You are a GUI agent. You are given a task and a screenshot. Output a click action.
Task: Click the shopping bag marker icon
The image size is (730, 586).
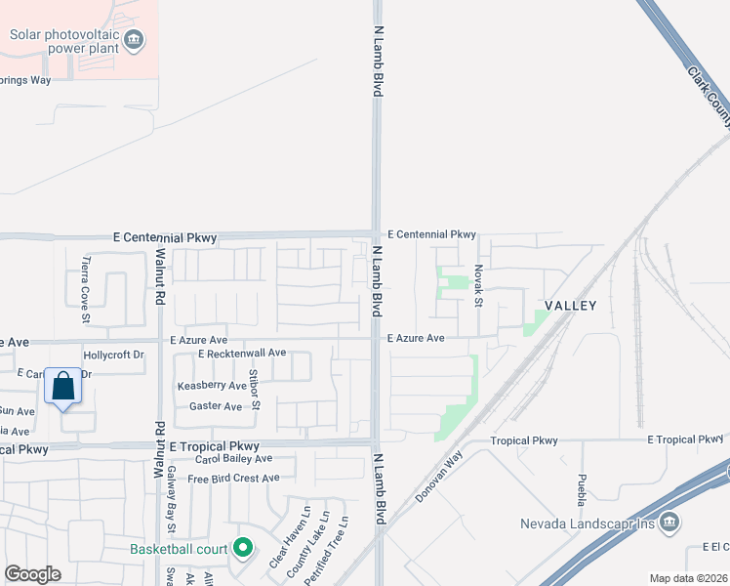(62, 388)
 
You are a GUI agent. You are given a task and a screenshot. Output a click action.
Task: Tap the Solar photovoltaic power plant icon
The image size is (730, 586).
(135, 40)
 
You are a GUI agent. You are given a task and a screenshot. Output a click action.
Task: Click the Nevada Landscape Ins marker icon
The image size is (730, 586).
(669, 522)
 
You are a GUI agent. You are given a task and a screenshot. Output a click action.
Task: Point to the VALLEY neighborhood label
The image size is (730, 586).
(570, 306)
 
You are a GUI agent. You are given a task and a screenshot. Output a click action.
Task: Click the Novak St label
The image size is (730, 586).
(478, 285)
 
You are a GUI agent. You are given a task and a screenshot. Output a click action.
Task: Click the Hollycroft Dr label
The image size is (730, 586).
(114, 356)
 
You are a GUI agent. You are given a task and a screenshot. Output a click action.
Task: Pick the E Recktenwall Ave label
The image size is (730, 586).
(241, 353)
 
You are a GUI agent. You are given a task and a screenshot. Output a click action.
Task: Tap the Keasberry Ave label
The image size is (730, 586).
(212, 386)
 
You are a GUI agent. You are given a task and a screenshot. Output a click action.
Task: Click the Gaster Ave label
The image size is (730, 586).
(216, 406)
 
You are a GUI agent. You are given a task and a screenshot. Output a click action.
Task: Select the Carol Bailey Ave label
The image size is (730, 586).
(233, 458)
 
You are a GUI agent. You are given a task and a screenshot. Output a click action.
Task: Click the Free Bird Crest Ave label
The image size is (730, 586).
(233, 479)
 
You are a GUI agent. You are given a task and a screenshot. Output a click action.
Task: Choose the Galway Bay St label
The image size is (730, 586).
(171, 515)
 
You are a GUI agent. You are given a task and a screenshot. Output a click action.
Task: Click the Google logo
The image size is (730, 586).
(32, 574)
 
